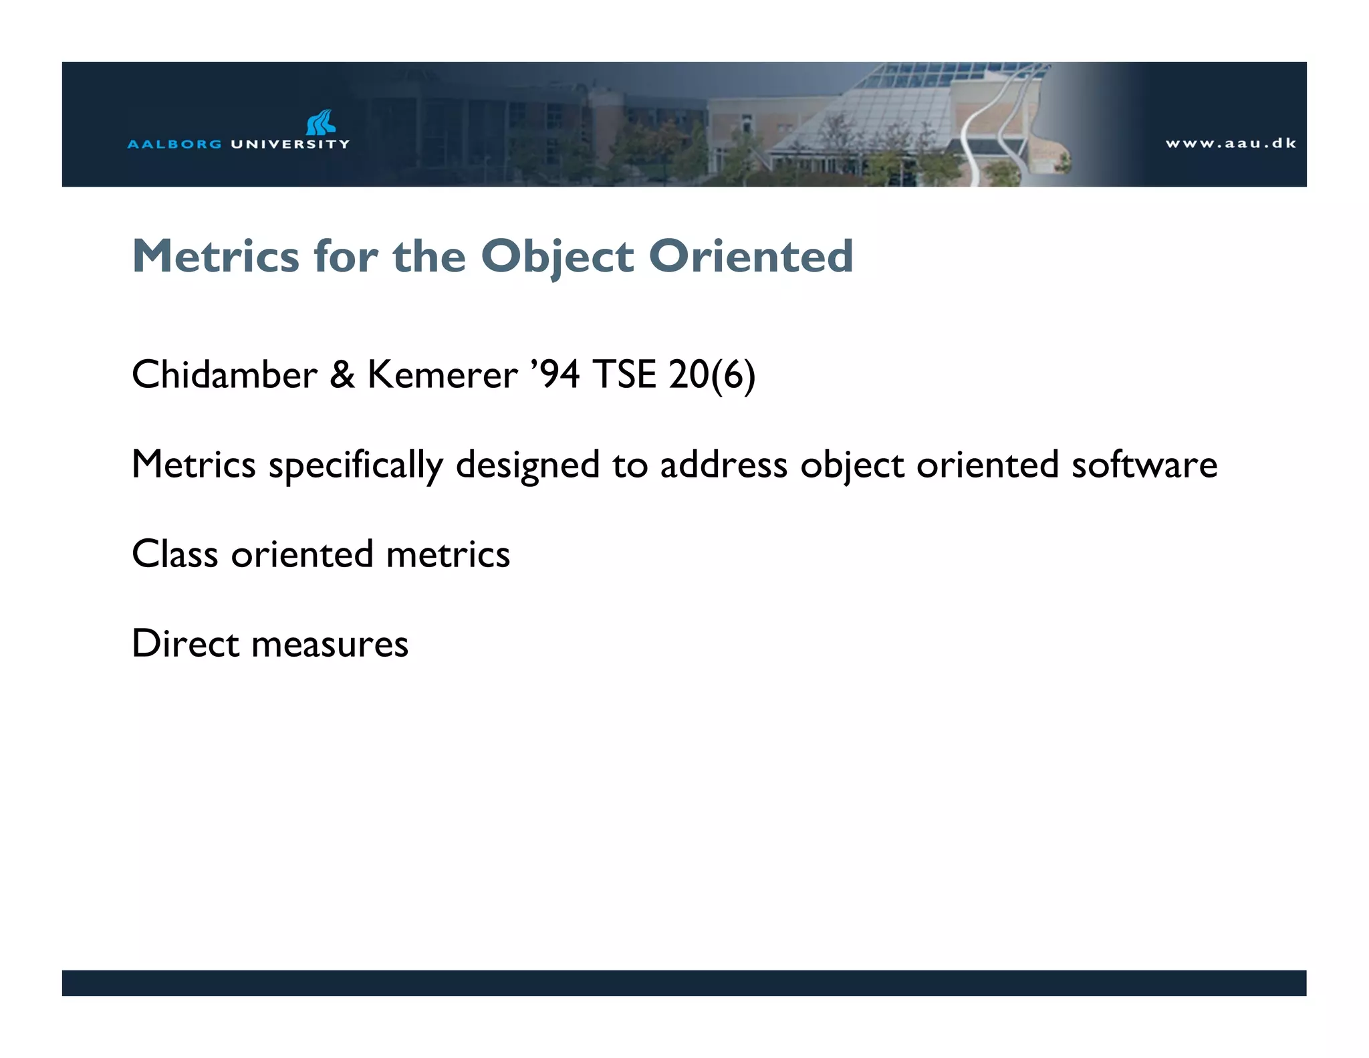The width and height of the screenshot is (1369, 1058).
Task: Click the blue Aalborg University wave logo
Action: point(321,123)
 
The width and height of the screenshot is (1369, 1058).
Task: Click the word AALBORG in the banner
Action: point(174,144)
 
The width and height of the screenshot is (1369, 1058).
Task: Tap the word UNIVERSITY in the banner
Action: point(290,144)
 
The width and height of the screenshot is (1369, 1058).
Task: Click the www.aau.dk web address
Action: point(1231,143)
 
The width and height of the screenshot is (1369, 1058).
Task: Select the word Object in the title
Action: point(557,257)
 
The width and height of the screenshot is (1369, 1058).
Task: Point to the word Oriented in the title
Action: point(751,256)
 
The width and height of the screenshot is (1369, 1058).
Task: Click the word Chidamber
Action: point(225,374)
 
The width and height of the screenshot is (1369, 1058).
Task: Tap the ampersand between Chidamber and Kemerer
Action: point(342,374)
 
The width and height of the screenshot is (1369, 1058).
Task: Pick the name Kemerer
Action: point(443,374)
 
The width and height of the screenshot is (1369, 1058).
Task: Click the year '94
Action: point(555,374)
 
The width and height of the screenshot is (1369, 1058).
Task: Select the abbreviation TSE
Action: point(624,374)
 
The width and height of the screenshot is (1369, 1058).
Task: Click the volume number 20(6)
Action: point(712,375)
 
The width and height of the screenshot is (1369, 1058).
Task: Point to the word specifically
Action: point(356,465)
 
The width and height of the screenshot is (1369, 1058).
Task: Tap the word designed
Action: point(527,465)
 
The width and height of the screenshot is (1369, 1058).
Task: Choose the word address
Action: point(724,464)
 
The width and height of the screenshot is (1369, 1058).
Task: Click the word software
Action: point(1144,464)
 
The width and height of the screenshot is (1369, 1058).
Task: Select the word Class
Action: point(175,554)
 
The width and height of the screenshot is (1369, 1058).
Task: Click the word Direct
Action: point(185,643)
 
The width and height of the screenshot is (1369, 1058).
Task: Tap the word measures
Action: point(330,645)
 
